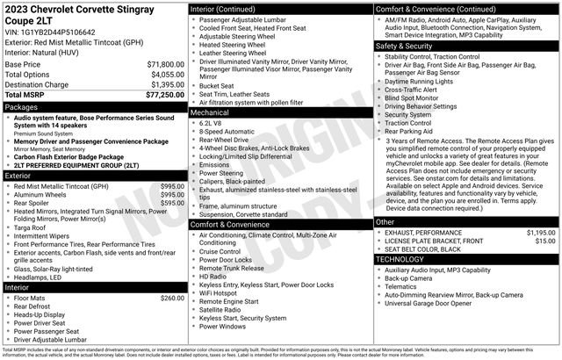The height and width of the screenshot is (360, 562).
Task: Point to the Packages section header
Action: click(22, 107)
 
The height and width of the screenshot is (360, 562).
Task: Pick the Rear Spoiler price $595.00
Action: click(172, 202)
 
